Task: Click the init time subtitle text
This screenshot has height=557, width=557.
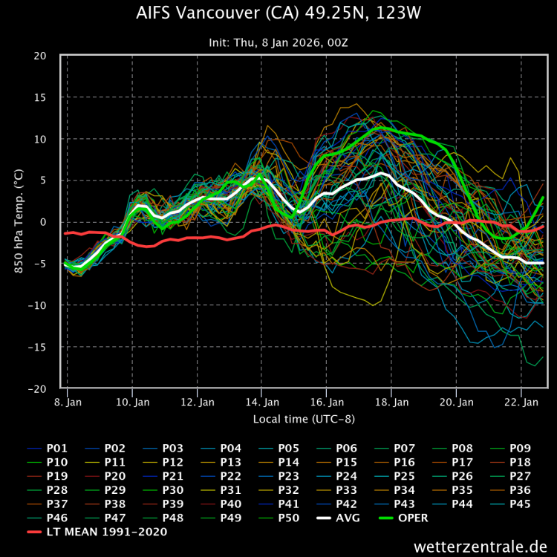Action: (x=278, y=42)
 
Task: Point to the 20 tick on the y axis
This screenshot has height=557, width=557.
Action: (x=40, y=56)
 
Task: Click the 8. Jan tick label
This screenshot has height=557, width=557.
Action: (x=68, y=402)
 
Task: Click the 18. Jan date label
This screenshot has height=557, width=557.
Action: (x=391, y=402)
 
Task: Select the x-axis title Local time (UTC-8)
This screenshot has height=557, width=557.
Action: (x=304, y=419)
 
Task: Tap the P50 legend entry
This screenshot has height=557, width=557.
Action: (x=289, y=518)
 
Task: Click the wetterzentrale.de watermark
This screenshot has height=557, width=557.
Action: (x=481, y=547)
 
